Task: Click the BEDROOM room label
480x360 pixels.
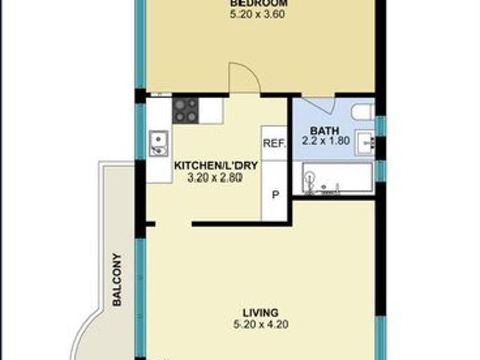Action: tap(258, 2)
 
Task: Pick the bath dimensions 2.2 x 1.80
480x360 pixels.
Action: tap(325, 140)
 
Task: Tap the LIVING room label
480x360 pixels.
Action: tap(261, 312)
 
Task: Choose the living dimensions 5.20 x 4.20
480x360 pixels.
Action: tap(261, 325)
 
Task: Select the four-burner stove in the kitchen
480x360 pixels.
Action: tap(186, 111)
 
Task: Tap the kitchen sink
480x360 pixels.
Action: tap(158, 142)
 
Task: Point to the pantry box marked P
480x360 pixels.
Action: tap(274, 193)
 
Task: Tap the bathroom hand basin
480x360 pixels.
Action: tap(367, 142)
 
